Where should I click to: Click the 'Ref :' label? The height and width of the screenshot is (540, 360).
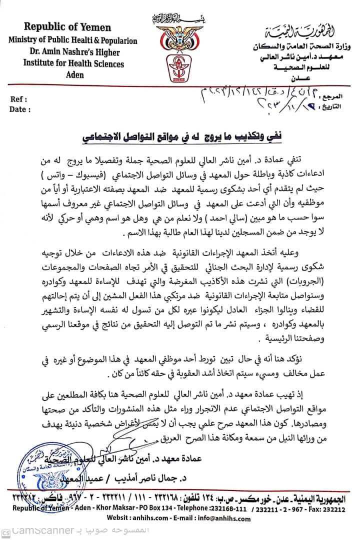click(18, 99)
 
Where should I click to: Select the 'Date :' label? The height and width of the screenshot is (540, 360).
click(20, 109)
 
